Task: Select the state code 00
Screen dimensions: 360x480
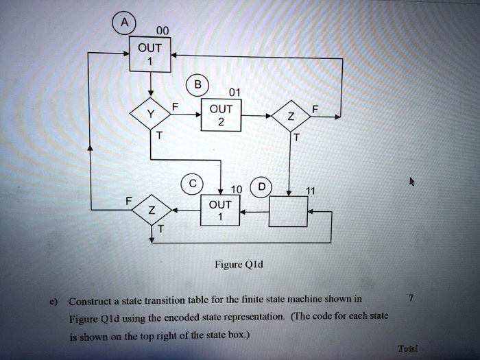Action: tap(162, 30)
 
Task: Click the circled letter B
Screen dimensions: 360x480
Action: tap(198, 86)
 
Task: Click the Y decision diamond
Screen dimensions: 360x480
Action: tap(150, 116)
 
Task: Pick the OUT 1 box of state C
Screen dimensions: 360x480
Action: tap(221, 211)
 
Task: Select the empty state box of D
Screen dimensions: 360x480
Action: tap(288, 211)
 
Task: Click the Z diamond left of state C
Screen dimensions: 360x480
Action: tap(151, 211)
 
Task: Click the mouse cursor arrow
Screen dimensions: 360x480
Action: tap(411, 182)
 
